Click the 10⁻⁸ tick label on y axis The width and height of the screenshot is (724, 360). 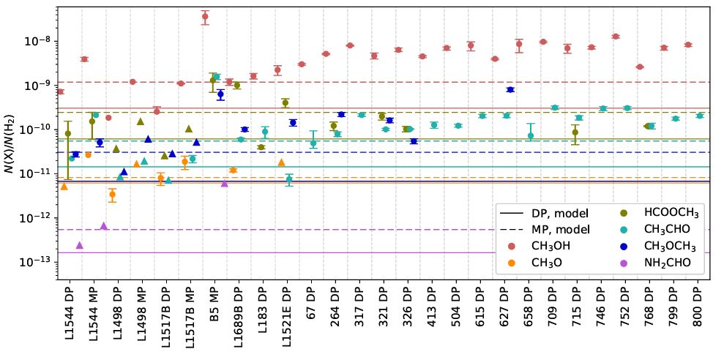tap(37, 42)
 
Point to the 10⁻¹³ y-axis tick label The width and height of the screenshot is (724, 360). tap(36, 262)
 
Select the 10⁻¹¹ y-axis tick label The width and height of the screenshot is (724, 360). tap(36, 174)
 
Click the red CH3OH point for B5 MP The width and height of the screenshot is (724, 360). tap(205, 16)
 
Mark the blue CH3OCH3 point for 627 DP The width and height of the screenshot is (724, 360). tap(510, 89)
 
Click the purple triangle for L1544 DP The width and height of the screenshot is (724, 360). tap(79, 245)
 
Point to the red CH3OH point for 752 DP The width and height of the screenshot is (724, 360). tap(616, 36)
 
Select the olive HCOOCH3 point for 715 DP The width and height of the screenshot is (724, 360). tap(575, 132)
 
